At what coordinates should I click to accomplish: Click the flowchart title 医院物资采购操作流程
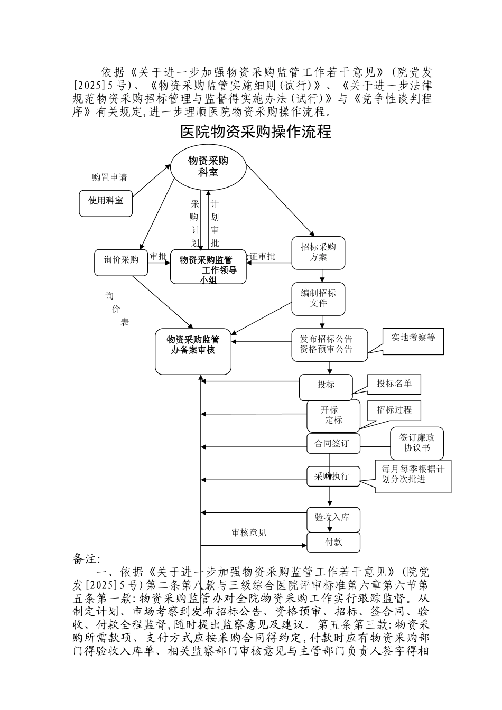(256, 132)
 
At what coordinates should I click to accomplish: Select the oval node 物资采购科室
(208, 167)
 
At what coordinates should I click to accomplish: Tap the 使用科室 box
(106, 201)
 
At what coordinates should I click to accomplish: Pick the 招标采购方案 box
(318, 253)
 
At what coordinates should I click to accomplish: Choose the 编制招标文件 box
(318, 298)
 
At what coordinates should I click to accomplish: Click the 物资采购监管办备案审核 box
(193, 350)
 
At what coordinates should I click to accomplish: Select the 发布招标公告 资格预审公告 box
(329, 345)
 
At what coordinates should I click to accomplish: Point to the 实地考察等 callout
(413, 338)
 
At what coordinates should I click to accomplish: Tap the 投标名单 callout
(394, 384)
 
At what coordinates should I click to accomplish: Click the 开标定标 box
(333, 415)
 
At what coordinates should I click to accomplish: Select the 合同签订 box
(333, 444)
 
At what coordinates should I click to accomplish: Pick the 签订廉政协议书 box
(416, 443)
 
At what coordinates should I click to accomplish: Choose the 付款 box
(333, 542)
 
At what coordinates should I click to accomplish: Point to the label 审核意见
(249, 532)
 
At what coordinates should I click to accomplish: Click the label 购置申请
(109, 177)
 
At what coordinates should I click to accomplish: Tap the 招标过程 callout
(394, 410)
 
